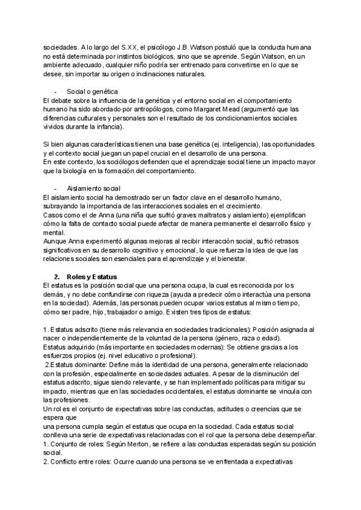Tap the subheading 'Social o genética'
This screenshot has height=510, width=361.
(91, 91)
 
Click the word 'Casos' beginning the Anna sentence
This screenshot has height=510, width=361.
(53, 215)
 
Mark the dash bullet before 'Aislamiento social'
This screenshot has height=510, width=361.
(55, 189)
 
